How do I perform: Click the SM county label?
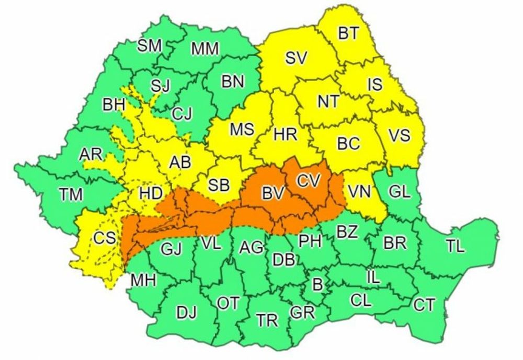pyautogui.click(x=150, y=46)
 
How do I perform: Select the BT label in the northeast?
pyautogui.click(x=348, y=33)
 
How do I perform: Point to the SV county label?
pyautogui.click(x=297, y=58)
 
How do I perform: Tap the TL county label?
pyautogui.click(x=454, y=246)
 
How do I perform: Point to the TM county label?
pyautogui.click(x=71, y=195)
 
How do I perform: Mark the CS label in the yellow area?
pyautogui.click(x=104, y=238)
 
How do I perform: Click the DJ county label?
pyautogui.click(x=186, y=313)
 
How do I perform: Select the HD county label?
pyautogui.click(x=150, y=194)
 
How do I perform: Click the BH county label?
pyautogui.click(x=113, y=105)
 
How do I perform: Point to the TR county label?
pyautogui.click(x=267, y=320)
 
